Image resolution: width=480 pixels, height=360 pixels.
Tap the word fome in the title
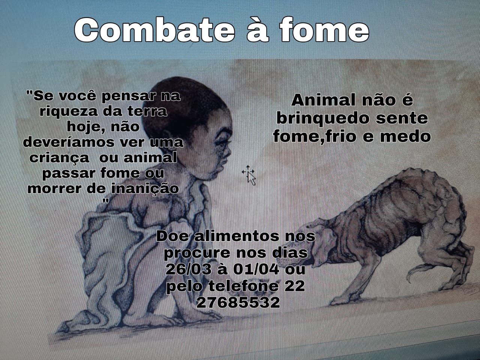(324, 30)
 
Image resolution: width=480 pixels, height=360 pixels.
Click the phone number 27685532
(238, 302)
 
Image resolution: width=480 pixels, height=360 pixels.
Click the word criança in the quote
(59, 158)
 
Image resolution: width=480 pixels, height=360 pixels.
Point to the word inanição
(145, 189)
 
